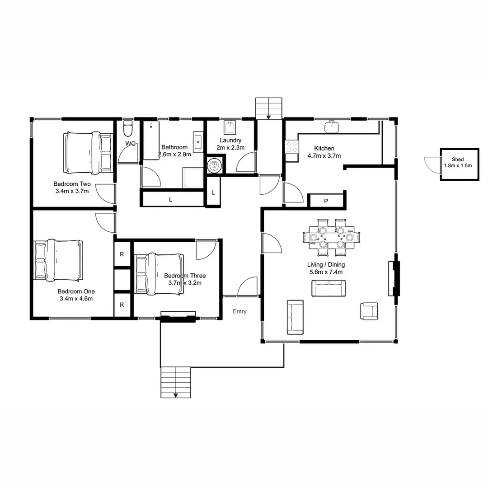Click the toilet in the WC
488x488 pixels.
[127, 128]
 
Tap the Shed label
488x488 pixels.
[457, 160]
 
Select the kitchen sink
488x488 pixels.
[332, 127]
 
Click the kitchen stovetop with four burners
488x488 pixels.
[292, 146]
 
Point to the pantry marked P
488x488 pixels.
[326, 201]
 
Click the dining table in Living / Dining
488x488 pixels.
[332, 238]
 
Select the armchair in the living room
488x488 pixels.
[370, 311]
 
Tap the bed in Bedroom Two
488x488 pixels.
[88, 152]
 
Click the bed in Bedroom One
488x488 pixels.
[58, 260]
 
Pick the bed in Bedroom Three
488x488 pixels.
[159, 274]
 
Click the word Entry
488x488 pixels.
[239, 311]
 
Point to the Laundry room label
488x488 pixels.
[230, 141]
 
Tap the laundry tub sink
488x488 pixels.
[230, 127]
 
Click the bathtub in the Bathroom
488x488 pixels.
[151, 140]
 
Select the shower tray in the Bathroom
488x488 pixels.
[192, 178]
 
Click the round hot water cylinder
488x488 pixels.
[215, 165]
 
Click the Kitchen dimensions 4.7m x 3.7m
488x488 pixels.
[324, 155]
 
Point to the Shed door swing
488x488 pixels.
[432, 164]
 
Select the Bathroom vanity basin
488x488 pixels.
[198, 142]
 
